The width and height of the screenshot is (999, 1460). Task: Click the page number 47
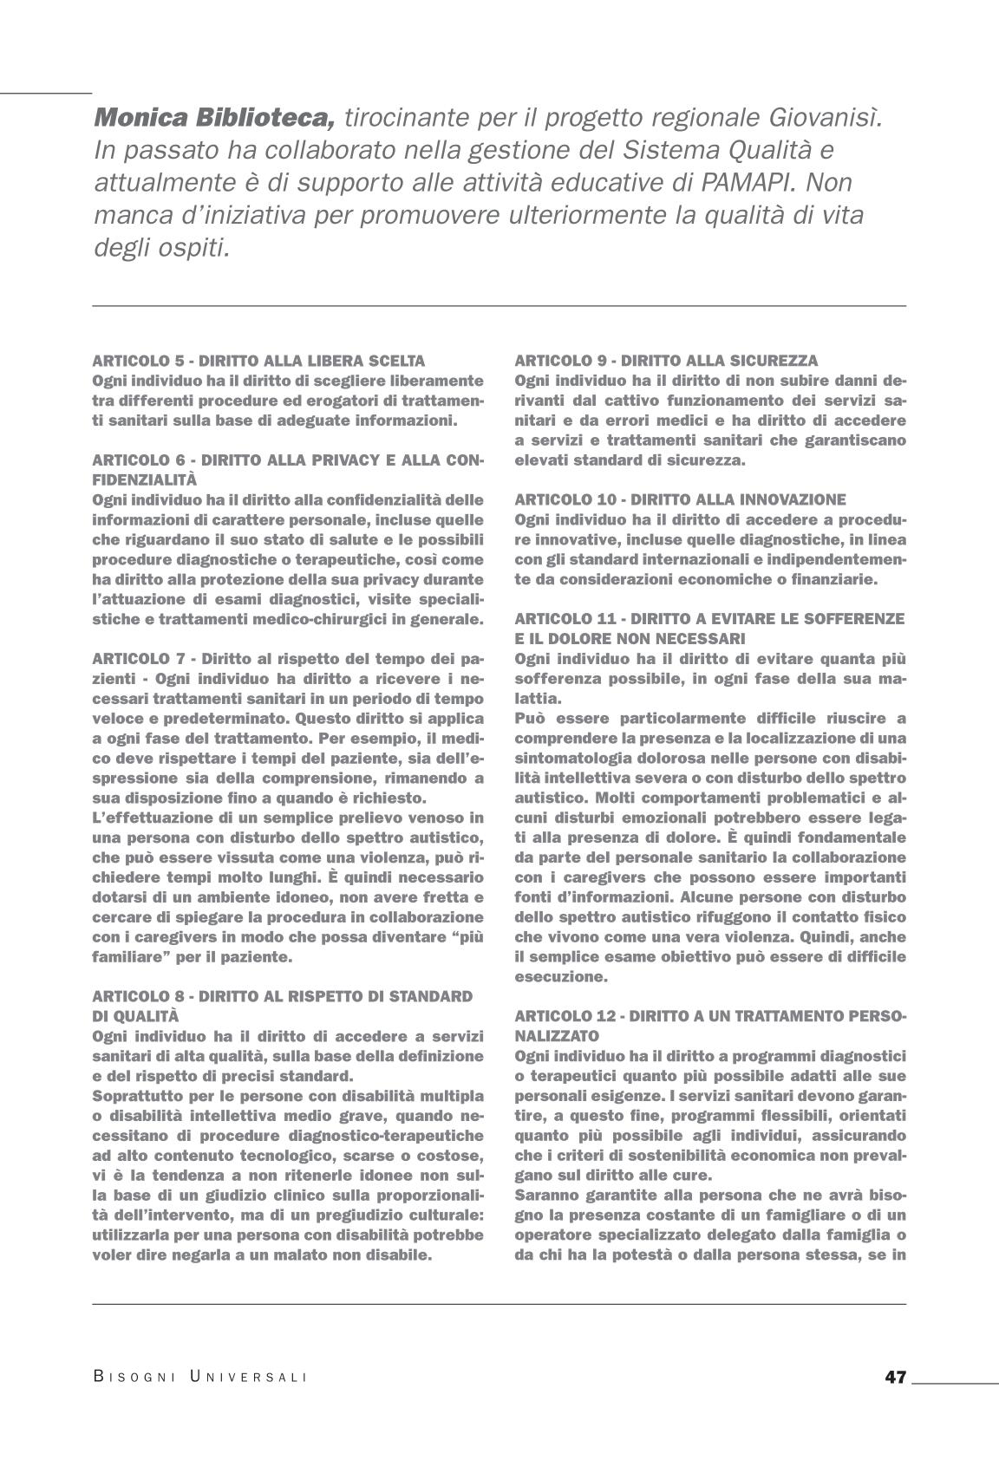click(895, 1377)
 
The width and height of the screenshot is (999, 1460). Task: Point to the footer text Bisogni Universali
click(200, 1378)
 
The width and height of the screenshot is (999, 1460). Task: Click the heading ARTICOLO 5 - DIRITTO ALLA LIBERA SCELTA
click(258, 361)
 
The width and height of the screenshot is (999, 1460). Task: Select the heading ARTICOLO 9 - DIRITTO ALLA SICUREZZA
click(665, 361)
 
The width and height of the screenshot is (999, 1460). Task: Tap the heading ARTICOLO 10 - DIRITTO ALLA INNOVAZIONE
click(679, 499)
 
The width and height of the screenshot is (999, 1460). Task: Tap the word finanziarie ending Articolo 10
click(834, 579)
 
